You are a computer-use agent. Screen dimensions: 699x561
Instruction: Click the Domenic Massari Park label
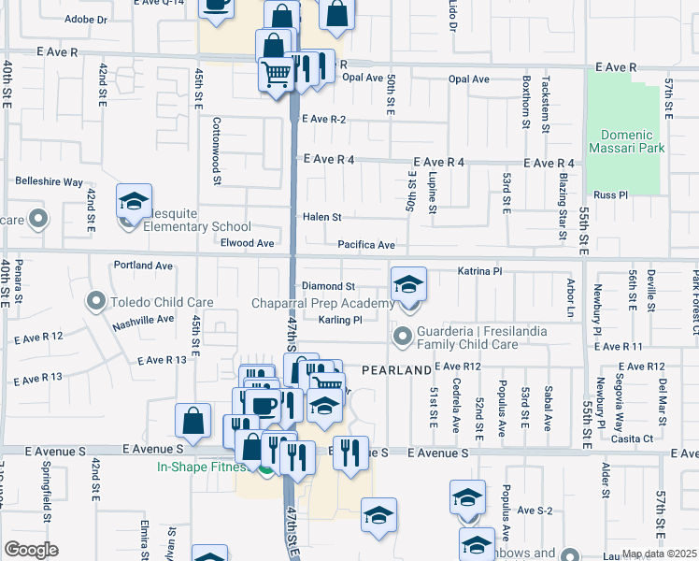coord(625,141)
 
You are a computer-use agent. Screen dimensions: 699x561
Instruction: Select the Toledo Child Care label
coord(163,302)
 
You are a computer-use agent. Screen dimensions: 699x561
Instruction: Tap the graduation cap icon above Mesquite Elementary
coord(134,201)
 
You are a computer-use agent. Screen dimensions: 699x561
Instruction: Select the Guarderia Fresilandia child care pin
coord(404,335)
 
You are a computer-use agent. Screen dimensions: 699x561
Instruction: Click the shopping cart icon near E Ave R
coord(276,73)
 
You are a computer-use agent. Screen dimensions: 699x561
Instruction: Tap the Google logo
coord(31,549)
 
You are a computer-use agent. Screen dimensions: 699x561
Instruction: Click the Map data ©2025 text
coord(659,554)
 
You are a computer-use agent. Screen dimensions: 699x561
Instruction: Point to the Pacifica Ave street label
coord(366,245)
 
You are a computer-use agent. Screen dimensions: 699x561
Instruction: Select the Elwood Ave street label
coord(247,243)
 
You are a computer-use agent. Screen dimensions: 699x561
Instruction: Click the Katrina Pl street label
coord(480,271)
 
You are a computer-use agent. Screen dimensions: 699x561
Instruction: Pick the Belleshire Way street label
coord(49,182)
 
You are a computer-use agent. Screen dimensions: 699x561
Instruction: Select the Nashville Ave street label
coord(143,319)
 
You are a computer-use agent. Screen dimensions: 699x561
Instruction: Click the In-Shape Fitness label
coord(204,467)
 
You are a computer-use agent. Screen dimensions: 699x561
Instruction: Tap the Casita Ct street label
coord(632,438)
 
